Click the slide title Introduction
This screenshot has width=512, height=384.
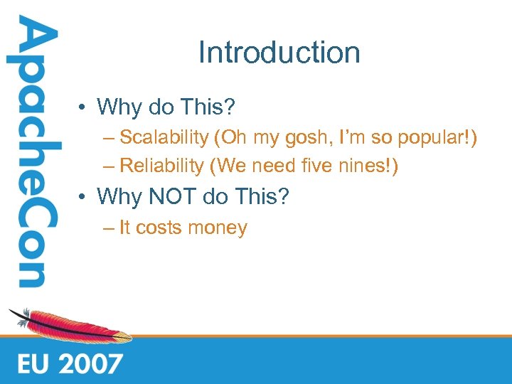279,53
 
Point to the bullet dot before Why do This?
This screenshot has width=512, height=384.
84,108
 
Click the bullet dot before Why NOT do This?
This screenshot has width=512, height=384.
84,197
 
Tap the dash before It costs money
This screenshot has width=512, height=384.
107,229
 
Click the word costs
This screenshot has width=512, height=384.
158,228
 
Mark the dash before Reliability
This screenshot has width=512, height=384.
107,166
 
